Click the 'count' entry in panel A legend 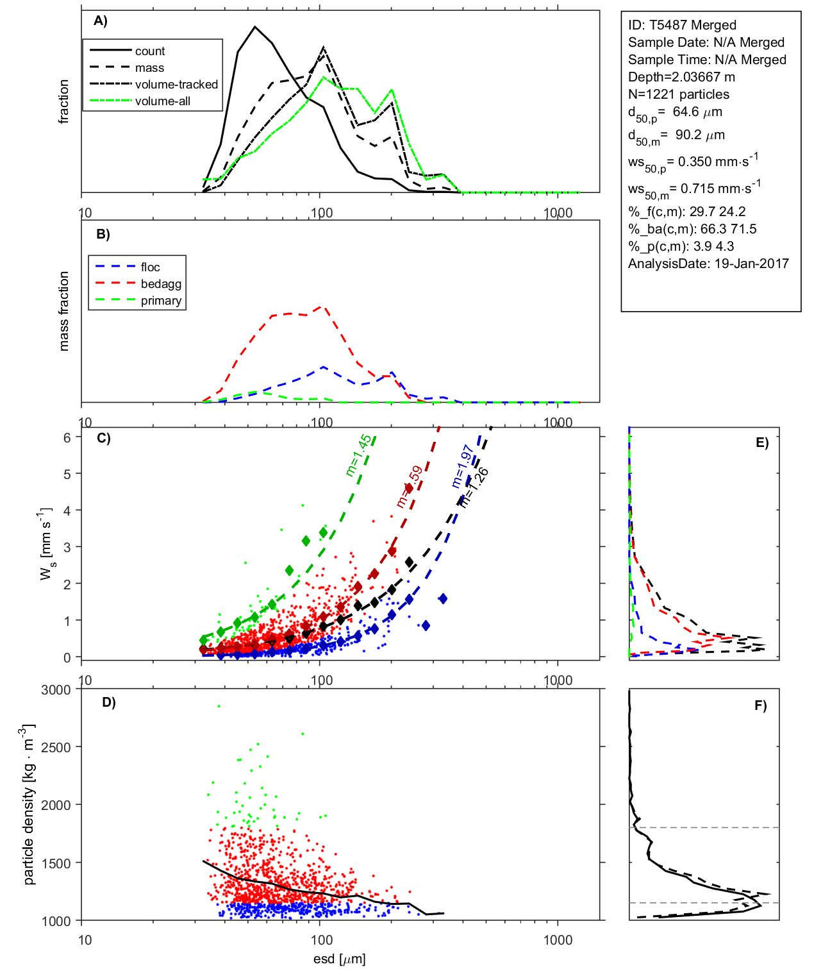(149, 51)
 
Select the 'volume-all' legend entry (162, 101)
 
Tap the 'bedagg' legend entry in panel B (161, 284)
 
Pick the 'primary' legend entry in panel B (161, 301)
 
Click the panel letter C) (103, 439)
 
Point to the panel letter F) (760, 706)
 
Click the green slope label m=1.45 (358, 455)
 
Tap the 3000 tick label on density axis (56, 690)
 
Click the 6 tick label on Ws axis (67, 437)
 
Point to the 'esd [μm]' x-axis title (339, 959)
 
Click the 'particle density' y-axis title (29, 805)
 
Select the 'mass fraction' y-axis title (63, 311)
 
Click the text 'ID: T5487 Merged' (682, 25)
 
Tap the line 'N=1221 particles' (678, 94)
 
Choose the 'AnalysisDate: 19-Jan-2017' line (708, 264)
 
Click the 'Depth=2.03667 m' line (681, 77)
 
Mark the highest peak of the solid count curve (255, 27)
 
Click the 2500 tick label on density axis (56, 748)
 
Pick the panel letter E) (761, 443)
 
